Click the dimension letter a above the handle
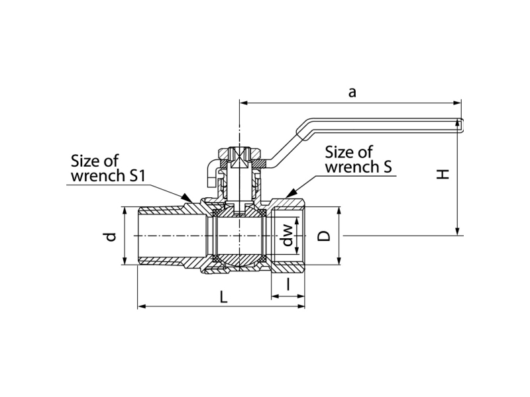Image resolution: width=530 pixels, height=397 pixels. tap(352, 92)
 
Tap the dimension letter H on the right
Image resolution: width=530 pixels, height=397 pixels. tap(443, 174)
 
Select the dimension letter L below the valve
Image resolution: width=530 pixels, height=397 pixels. tap(223, 297)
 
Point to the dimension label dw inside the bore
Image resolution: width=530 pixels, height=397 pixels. tap(288, 235)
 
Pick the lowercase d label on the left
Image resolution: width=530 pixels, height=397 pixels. tap(110, 237)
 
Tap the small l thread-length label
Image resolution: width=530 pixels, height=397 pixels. tap(288, 284)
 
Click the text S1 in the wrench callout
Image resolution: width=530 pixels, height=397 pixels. tap(136, 175)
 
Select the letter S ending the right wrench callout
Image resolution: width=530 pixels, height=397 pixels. tap(388, 167)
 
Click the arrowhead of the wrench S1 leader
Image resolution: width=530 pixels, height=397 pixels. tap(187, 198)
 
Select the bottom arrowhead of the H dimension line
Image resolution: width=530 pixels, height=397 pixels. tap(457, 230)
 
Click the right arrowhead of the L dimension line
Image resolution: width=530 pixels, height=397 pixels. tap(301, 306)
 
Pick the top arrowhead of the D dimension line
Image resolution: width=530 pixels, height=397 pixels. tap(339, 212)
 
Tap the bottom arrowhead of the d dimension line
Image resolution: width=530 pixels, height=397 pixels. tap(125, 260)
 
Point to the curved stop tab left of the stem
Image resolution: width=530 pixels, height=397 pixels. tap(212, 172)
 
